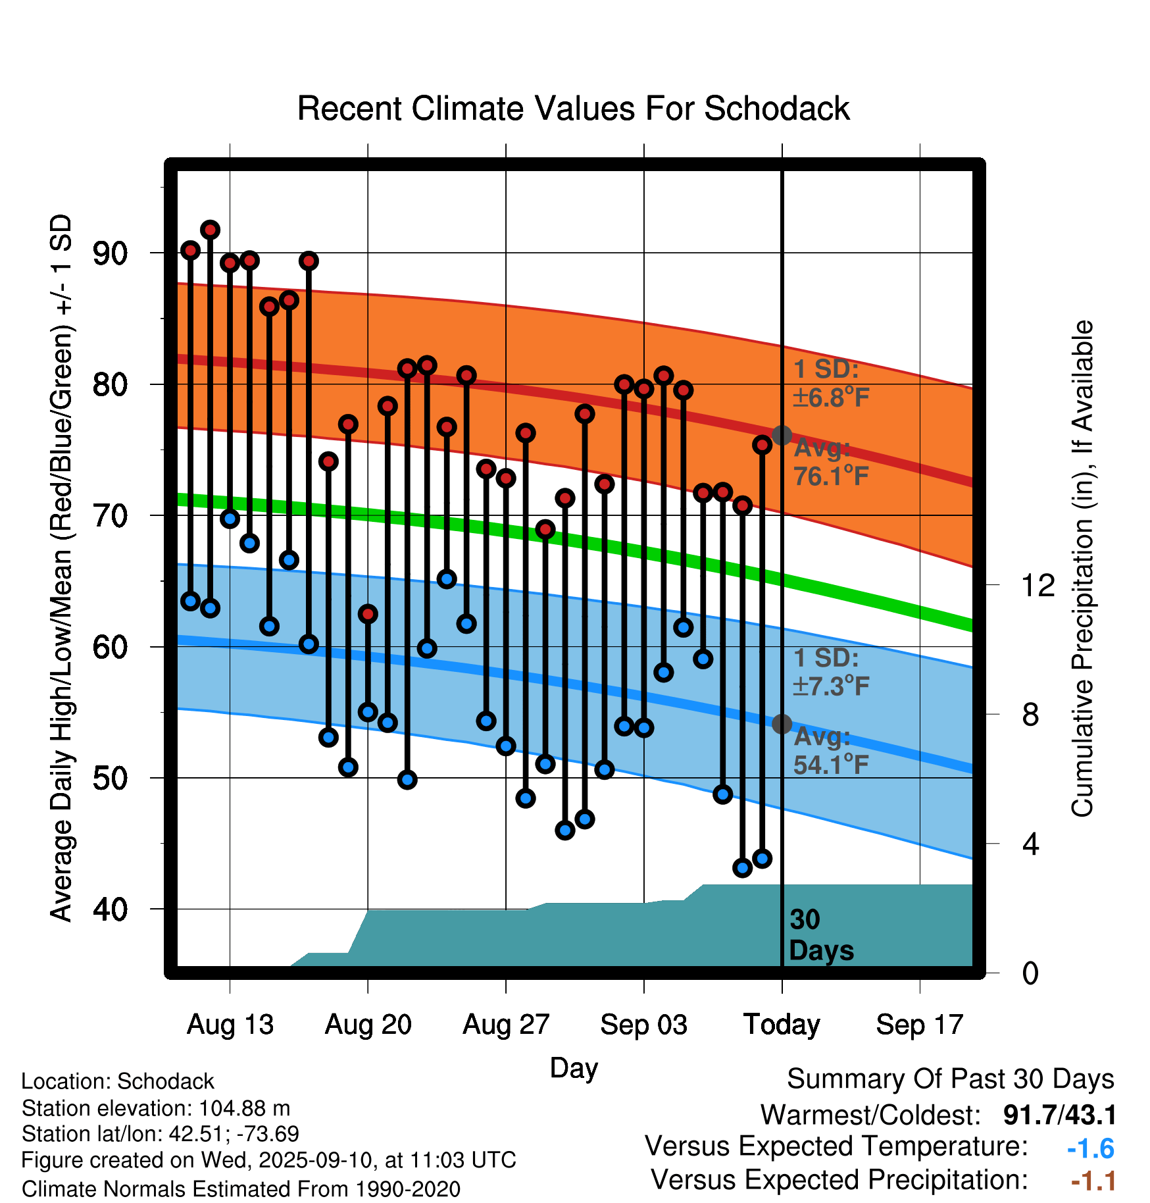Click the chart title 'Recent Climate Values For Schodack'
(573, 109)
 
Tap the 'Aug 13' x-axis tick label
(230, 1025)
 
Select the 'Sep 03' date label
(643, 1025)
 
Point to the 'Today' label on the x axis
(782, 1025)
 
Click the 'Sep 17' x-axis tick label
(919, 1025)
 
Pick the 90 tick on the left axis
(110, 253)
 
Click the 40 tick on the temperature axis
(110, 909)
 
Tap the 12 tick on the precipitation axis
(1038, 585)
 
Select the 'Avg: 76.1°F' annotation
(831, 462)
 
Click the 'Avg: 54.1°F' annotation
(831, 751)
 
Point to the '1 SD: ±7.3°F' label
(831, 672)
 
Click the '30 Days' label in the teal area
(820, 935)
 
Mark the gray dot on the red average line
(782, 435)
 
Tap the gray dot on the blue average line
(782, 724)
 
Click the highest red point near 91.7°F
(210, 230)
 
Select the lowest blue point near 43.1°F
(743, 868)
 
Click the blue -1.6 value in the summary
(1090, 1148)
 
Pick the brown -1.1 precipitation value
(1093, 1181)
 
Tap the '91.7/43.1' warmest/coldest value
(1059, 1115)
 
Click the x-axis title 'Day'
(574, 1067)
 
